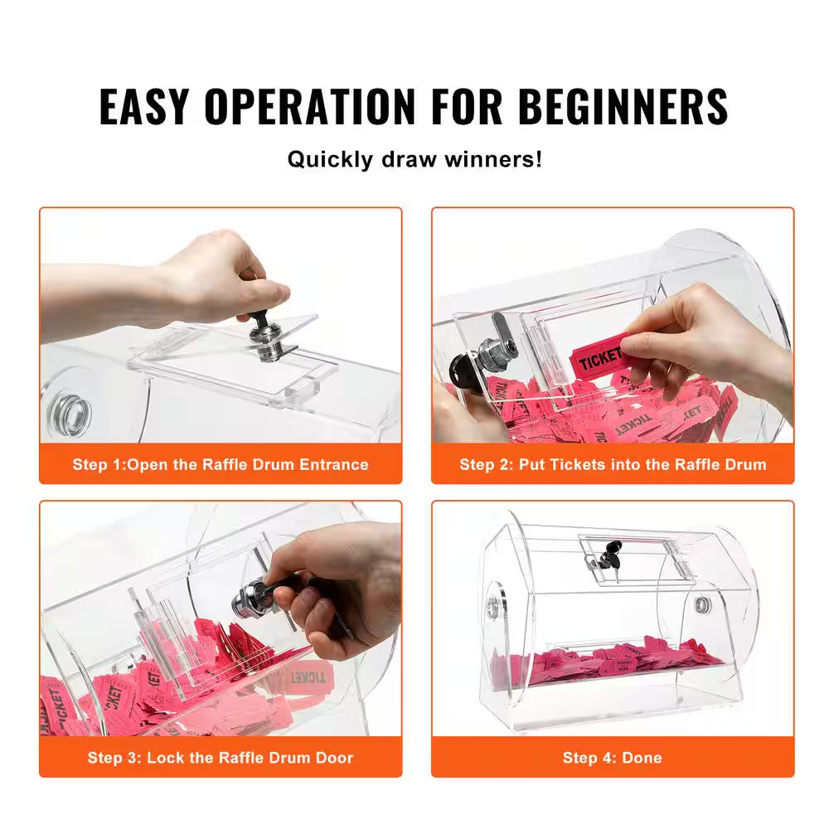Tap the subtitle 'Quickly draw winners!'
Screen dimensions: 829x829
click(x=414, y=158)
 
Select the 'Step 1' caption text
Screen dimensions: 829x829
click(x=220, y=464)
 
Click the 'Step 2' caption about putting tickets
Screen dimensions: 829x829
click(x=613, y=464)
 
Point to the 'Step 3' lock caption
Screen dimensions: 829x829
click(x=220, y=758)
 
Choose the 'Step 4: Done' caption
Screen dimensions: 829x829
click(x=613, y=758)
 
